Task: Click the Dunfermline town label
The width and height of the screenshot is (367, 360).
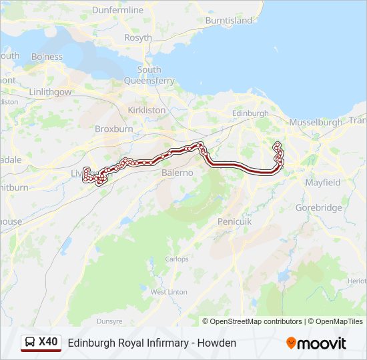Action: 117,10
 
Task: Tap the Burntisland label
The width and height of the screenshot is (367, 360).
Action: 229,21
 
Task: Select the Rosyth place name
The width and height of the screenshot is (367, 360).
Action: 138,38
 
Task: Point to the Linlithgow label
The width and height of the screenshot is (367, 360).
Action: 50,91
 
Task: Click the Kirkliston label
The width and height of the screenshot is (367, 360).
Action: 146,109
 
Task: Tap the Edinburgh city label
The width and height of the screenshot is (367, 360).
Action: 250,113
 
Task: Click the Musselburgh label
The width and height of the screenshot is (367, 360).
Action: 316,123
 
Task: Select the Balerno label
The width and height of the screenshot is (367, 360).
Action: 177,173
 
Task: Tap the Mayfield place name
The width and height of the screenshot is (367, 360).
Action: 322,182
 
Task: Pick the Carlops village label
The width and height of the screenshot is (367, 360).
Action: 177,259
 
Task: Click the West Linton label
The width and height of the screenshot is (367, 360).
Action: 169,292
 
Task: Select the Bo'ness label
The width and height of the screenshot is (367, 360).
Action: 46,56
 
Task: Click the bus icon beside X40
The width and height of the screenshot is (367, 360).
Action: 30,343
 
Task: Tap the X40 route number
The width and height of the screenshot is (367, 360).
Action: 49,342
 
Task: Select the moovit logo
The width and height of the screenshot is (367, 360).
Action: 316,343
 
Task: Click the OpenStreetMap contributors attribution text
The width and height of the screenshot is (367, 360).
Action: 256,321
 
